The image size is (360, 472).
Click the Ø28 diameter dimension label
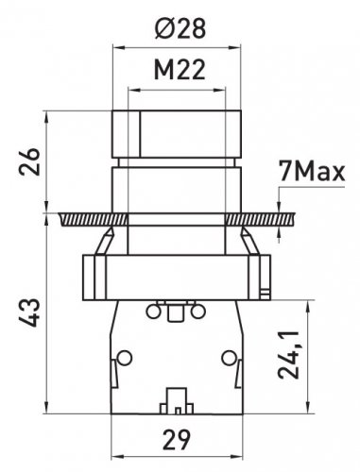(180, 28)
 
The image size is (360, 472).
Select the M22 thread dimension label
(180, 70)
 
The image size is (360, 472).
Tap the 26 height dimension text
(29, 161)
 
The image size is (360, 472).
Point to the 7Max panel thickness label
(312, 172)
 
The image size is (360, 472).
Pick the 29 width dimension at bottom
(177, 439)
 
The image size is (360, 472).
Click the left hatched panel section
(94, 219)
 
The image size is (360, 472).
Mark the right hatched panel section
(260, 219)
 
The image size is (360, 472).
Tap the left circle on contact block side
(125, 358)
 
